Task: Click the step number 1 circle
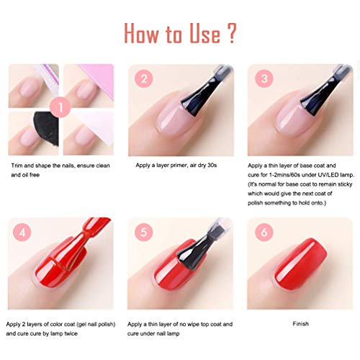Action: (60, 107)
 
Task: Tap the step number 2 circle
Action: (144, 78)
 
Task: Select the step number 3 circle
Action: (264, 78)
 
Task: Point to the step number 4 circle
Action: (22, 232)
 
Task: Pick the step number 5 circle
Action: (144, 232)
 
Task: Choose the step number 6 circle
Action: (264, 232)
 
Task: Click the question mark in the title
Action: (231, 33)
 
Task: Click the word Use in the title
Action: (204, 34)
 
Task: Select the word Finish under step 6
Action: (300, 324)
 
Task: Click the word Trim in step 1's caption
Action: (17, 166)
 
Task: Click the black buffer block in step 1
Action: (48, 127)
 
